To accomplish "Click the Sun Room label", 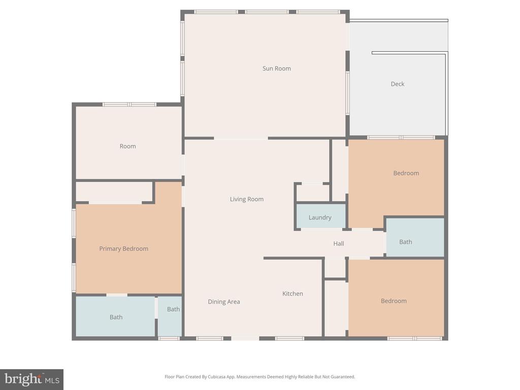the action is (x=277, y=69).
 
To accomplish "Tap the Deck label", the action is (x=397, y=84).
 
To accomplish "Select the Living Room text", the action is (x=247, y=199).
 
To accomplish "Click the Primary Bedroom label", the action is (x=124, y=249).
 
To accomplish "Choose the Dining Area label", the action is (x=224, y=302).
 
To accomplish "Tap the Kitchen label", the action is (x=292, y=294).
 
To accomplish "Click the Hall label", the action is (x=339, y=243).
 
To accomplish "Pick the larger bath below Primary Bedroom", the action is (x=115, y=316).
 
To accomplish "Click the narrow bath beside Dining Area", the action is (x=170, y=316).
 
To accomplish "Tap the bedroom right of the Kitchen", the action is (x=396, y=298).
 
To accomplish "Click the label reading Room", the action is (x=127, y=146).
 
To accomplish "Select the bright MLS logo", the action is (x=32, y=379).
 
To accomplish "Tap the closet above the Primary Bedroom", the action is (x=114, y=191).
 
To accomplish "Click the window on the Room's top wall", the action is (x=129, y=105).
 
